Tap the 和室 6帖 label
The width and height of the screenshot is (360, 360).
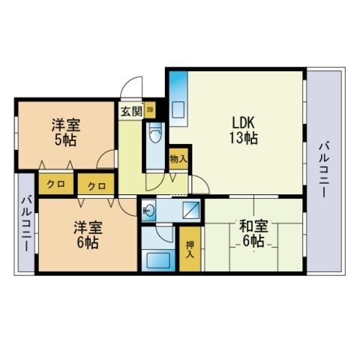(x=251, y=232)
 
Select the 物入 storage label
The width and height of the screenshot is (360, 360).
(x=178, y=159)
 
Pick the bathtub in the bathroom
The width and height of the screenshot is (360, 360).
(x=160, y=262)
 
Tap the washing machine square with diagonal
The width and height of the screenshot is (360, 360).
(x=191, y=209)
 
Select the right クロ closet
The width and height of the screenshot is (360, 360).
(x=95, y=184)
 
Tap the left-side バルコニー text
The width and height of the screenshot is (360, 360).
(x=24, y=223)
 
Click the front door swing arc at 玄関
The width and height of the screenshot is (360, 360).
(x=133, y=88)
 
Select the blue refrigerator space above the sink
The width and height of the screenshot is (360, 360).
(x=177, y=82)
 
